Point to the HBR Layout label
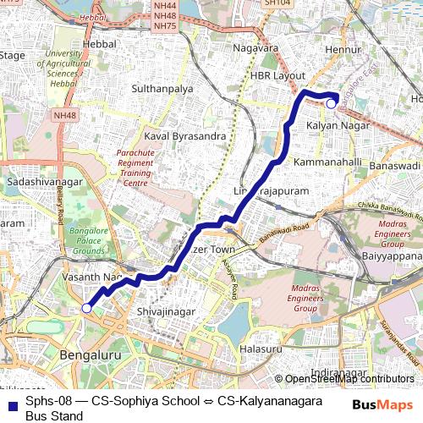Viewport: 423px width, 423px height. [x=277, y=75]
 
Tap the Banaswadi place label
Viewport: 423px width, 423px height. [x=395, y=166]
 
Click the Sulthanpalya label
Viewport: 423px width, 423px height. [x=162, y=88]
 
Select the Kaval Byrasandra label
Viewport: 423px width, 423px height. [x=184, y=135]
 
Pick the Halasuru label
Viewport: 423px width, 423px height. [x=261, y=349]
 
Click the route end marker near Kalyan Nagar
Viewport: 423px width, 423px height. [x=332, y=103]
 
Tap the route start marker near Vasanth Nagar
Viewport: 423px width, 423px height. [x=86, y=309]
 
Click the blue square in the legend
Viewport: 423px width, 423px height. [x=12, y=401]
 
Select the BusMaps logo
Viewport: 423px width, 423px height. [x=382, y=406]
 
